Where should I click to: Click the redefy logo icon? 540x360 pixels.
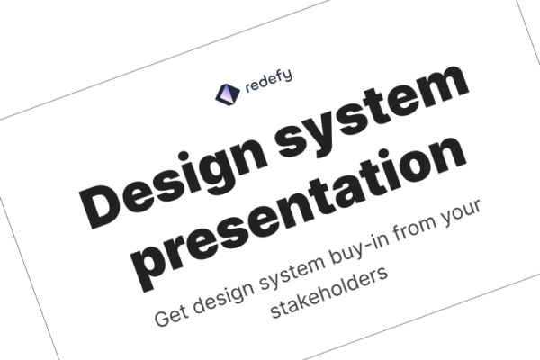click(228, 94)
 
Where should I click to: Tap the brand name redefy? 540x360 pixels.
click(267, 83)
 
